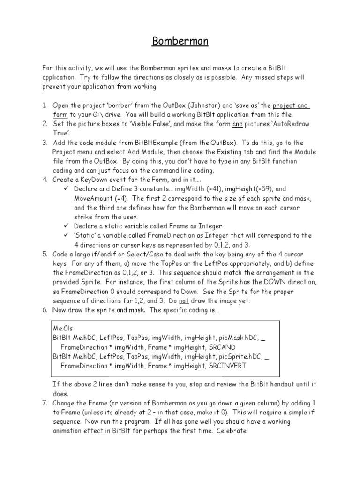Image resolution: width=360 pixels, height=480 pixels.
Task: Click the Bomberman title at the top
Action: click(180, 42)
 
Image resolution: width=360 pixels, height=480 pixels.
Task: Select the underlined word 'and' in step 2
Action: click(238, 124)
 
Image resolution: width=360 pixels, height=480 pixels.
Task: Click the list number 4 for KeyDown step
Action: click(45, 180)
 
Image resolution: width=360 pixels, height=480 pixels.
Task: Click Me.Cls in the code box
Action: click(63, 329)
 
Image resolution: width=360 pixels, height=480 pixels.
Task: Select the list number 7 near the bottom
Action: click(45, 403)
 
